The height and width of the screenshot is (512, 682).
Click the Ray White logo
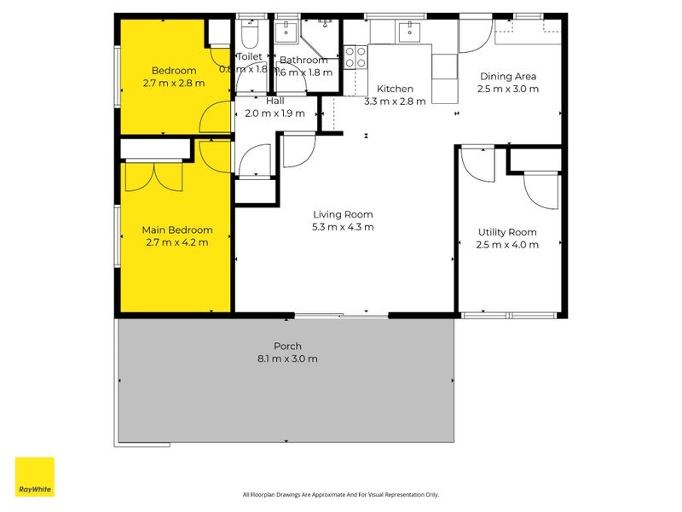(x=35, y=477)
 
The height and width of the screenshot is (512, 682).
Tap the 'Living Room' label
(x=343, y=214)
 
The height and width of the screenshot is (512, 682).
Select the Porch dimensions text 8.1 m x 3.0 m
(x=288, y=358)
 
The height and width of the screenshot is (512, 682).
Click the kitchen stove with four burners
(x=355, y=56)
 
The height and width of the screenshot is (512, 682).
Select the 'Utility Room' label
(x=506, y=232)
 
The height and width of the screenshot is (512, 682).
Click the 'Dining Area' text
(x=507, y=76)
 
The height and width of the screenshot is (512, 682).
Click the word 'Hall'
(x=275, y=101)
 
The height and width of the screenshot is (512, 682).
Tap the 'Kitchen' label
(x=395, y=89)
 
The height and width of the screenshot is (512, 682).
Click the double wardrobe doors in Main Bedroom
(x=153, y=177)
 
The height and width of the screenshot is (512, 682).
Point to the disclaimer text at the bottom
(x=340, y=494)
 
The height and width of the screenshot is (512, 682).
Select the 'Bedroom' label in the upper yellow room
(x=174, y=71)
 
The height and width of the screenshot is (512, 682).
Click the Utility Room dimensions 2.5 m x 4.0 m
(x=506, y=245)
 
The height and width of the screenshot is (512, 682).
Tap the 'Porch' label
(x=288, y=346)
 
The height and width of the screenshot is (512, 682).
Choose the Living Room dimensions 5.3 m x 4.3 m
(x=343, y=227)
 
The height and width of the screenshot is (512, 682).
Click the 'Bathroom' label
(x=303, y=60)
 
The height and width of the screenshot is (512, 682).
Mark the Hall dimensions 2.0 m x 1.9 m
(x=275, y=113)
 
